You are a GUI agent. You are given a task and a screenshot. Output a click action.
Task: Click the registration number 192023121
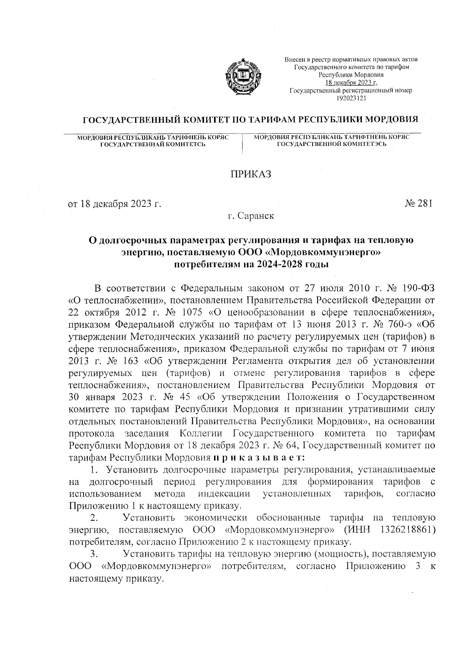pyautogui.click(x=351, y=98)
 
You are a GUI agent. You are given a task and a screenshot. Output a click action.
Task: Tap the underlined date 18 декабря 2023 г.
pyautogui.click(x=351, y=83)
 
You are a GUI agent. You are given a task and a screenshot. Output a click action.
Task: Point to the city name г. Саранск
pyautogui.click(x=251, y=216)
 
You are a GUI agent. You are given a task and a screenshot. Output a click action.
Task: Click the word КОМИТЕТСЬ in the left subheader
pyautogui.click(x=182, y=144)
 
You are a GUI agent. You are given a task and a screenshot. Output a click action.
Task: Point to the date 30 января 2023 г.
pyautogui.click(x=109, y=397)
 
